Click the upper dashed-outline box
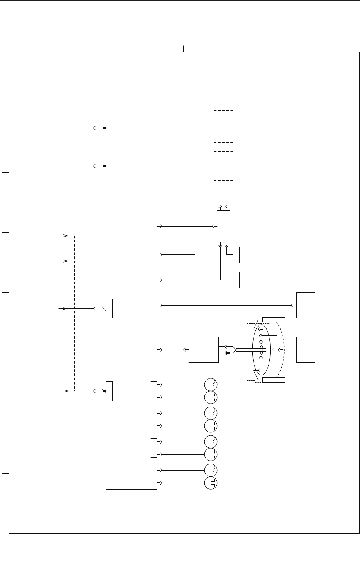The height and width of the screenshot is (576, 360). pos(223,126)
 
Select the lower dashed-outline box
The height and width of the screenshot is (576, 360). pos(223,166)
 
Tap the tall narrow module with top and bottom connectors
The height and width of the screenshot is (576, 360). pos(223,226)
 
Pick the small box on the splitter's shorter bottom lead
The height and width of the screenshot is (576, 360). pos(236,254)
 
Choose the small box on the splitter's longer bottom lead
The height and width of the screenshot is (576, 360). pos(236,280)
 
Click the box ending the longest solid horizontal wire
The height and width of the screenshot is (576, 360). pos(305,305)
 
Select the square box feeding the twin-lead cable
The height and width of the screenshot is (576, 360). pos(203,350)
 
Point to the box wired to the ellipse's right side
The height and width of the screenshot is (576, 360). pos(305,350)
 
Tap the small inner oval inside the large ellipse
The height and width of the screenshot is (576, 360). pos(261,350)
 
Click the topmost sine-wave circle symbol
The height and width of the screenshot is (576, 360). pos(211,385)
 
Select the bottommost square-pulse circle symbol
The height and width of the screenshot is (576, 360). pos(211,483)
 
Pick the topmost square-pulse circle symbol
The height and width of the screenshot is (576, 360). pos(211,397)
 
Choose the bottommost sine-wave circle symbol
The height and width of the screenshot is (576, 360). pos(211,470)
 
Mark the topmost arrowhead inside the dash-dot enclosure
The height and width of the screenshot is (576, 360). pos(66,235)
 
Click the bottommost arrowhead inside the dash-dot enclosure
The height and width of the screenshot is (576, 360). pos(66,391)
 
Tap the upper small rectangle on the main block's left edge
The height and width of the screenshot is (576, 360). pos(109,309)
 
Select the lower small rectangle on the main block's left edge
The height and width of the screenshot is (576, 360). pos(109,391)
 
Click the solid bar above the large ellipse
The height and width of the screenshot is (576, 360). pos(273,320)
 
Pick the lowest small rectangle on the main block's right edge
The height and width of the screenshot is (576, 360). pos(154,476)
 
